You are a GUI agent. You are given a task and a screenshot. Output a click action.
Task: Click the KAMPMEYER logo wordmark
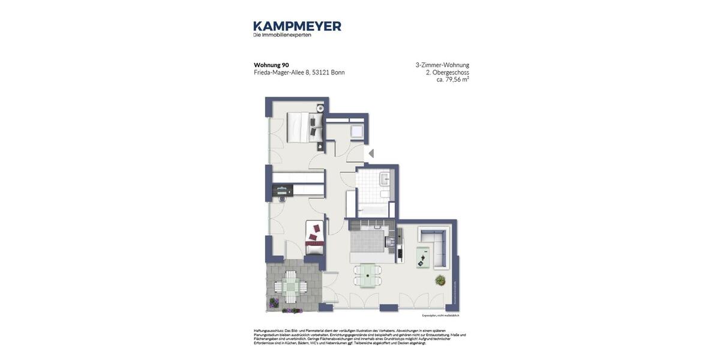(297, 26)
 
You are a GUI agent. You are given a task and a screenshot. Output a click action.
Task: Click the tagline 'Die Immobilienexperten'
(282, 35)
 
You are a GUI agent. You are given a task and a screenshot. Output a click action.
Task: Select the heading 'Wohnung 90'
(271, 65)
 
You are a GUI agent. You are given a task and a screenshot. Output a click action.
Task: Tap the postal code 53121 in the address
(320, 73)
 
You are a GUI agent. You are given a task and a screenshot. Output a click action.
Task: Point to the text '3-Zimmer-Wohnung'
(442, 65)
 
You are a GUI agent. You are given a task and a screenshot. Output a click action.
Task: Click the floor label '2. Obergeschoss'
(447, 72)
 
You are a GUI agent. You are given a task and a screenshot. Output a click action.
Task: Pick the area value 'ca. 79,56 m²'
(452, 79)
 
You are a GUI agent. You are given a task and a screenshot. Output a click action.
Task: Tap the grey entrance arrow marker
(371, 154)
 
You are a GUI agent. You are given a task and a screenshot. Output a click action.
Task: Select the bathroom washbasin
(385, 179)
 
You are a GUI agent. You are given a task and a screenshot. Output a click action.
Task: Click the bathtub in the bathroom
(373, 209)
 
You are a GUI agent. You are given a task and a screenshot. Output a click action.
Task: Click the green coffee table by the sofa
(423, 257)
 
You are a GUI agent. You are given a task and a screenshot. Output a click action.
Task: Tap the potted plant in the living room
(440, 280)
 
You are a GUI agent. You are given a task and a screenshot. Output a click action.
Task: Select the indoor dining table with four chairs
(367, 275)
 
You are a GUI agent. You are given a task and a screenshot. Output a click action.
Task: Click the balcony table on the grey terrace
(290, 287)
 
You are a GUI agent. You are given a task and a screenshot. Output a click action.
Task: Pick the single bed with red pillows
(314, 238)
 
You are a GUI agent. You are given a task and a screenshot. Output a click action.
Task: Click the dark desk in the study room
(282, 191)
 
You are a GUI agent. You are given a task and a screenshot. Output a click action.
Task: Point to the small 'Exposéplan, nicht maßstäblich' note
(440, 316)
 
